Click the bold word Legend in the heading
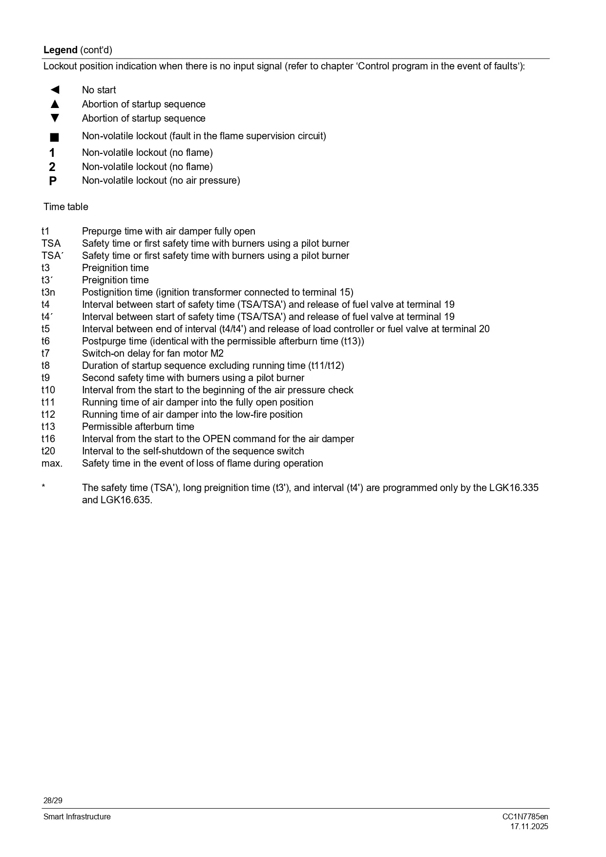click(x=60, y=50)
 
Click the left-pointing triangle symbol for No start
click(x=55, y=90)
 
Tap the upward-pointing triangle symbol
click(x=55, y=104)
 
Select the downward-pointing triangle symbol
click(x=55, y=118)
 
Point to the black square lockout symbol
click(x=54, y=137)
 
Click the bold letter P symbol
click(x=53, y=181)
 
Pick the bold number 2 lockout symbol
click(x=52, y=167)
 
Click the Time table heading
click(x=66, y=207)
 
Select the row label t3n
click(x=48, y=292)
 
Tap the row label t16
click(x=48, y=439)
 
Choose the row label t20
click(x=48, y=451)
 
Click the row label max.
click(x=52, y=463)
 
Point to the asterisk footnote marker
click(x=43, y=487)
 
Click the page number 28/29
click(x=53, y=800)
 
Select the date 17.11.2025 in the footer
click(x=529, y=827)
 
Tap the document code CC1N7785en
click(x=525, y=816)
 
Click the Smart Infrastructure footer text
click(x=77, y=816)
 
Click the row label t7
click(x=45, y=353)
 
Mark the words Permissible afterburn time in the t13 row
click(x=138, y=427)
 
